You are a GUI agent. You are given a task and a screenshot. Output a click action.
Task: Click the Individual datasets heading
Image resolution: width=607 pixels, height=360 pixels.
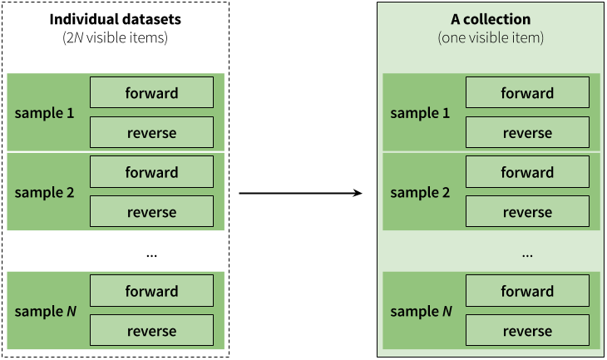coord(116,19)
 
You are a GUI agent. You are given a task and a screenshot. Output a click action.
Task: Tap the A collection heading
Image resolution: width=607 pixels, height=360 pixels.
coord(491,19)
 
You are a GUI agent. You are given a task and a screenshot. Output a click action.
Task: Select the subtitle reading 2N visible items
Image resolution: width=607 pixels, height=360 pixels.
coord(116,37)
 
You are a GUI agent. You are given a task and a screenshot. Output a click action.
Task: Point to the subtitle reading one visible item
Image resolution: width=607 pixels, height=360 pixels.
coord(491,37)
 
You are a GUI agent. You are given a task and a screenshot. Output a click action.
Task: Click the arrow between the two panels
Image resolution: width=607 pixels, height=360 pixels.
coord(300,193)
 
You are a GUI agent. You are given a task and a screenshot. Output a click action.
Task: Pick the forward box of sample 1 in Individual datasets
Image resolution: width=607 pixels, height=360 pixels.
coord(151,92)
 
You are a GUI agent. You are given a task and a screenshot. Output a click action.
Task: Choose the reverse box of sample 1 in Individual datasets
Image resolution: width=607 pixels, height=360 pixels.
coord(151,132)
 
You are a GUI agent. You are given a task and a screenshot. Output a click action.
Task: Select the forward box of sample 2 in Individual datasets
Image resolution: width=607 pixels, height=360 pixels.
coord(151,171)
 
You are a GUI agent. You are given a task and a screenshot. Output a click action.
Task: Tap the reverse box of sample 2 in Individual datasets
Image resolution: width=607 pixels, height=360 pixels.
coord(151,211)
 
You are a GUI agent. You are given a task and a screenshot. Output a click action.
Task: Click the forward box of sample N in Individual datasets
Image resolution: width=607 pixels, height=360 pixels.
coord(151,290)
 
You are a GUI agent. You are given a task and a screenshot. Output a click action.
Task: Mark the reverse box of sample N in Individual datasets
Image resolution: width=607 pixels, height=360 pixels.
coord(151,330)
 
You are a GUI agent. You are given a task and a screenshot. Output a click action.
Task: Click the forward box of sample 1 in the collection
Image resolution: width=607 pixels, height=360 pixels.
coord(527,92)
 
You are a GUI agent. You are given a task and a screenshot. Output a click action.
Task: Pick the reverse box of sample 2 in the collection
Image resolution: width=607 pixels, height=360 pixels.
coord(527,211)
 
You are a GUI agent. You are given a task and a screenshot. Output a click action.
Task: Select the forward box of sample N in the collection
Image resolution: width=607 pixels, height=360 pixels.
coord(527,290)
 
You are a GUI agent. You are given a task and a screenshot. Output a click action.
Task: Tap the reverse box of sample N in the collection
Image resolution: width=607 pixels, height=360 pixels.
coord(527,330)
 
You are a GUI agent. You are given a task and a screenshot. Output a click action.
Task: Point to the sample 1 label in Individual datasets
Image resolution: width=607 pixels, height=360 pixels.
coord(44,113)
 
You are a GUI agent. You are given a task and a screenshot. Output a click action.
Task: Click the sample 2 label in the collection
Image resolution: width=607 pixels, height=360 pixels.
coord(420,192)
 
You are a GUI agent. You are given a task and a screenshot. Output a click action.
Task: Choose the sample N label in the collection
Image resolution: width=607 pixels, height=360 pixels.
coord(422,311)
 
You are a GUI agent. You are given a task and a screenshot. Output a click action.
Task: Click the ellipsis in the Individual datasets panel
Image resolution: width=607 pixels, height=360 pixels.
coord(151,255)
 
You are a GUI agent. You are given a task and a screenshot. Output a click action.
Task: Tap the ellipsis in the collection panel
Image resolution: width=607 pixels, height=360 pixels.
coord(527,255)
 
